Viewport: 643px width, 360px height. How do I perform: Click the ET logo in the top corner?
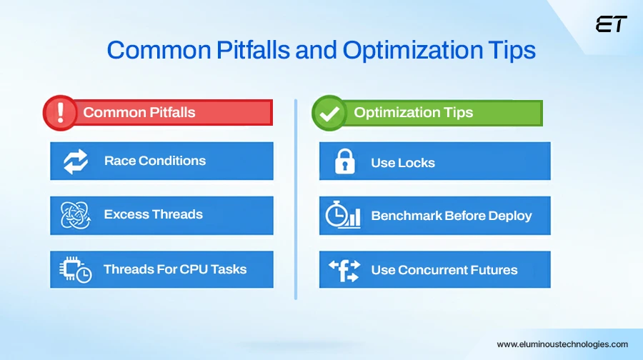pyautogui.click(x=611, y=24)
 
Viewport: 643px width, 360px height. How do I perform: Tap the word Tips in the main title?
pyautogui.click(x=508, y=51)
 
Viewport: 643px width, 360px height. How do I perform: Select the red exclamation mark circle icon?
pyautogui.click(x=60, y=113)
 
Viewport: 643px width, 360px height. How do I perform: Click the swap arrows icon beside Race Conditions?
pyautogui.click(x=75, y=161)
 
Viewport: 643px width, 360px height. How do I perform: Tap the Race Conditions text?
pyautogui.click(x=154, y=161)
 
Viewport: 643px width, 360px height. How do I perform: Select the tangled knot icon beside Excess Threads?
pyautogui.click(x=75, y=215)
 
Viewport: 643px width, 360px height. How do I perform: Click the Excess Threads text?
pyautogui.click(x=153, y=214)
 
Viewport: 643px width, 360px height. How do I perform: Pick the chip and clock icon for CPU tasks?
pyautogui.click(x=75, y=270)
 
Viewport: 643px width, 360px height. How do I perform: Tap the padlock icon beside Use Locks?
pyautogui.click(x=344, y=163)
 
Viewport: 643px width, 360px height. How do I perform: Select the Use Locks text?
pyautogui.click(x=402, y=163)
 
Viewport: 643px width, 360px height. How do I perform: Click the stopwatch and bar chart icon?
pyautogui.click(x=343, y=215)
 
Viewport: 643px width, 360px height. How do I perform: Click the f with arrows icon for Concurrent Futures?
pyautogui.click(x=344, y=270)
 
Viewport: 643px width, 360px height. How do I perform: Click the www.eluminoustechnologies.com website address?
pyautogui.click(x=562, y=344)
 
